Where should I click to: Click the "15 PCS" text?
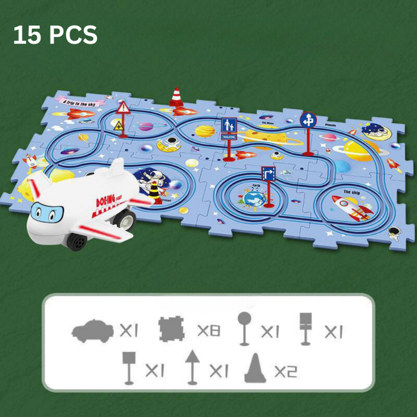(55, 35)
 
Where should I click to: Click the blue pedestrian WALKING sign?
(229, 125)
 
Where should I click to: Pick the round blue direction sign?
(308, 120)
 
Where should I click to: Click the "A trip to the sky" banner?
(80, 101)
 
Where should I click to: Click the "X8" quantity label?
(208, 329)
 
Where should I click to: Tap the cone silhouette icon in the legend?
(255, 370)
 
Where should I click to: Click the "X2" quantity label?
(285, 371)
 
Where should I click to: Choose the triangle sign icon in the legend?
(192, 367)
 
